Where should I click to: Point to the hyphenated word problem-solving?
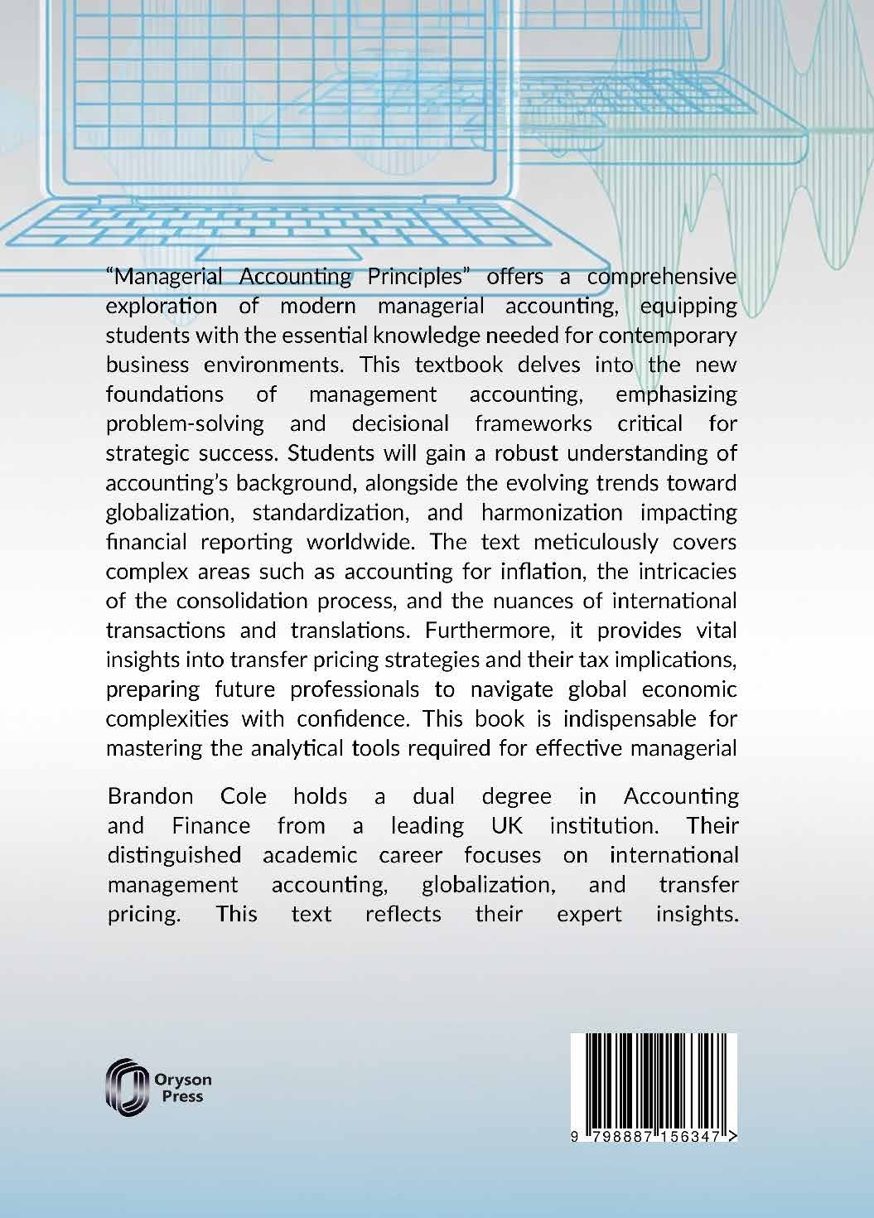[x=185, y=423]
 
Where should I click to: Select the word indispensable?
[x=610, y=718]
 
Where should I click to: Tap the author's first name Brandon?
[x=151, y=796]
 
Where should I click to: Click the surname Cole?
[x=244, y=796]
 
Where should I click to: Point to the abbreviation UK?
[x=496, y=825]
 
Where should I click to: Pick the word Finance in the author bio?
[x=210, y=825]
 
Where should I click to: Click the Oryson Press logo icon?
[x=125, y=1086]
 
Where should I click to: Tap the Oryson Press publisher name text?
[x=183, y=1088]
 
